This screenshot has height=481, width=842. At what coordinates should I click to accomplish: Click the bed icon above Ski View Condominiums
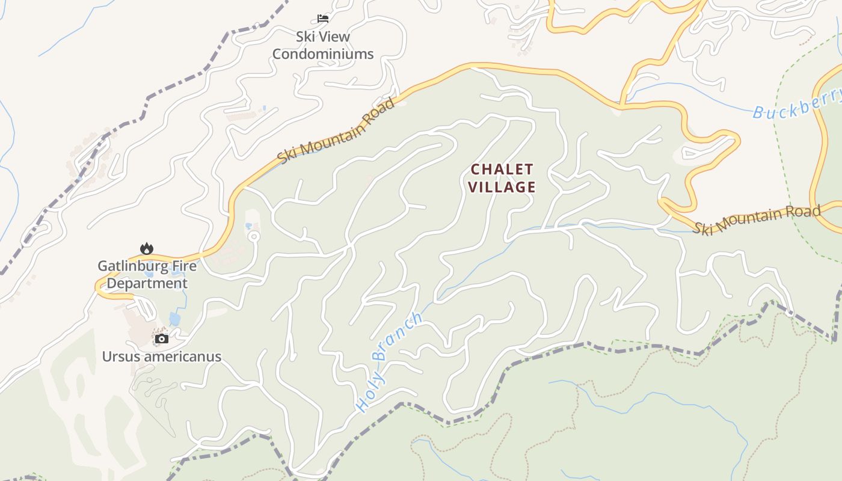(323, 19)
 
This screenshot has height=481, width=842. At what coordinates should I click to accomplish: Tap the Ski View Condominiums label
(323, 45)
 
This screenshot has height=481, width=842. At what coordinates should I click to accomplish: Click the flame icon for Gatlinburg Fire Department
(146, 248)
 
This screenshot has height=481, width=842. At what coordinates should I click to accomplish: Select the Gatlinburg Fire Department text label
(147, 274)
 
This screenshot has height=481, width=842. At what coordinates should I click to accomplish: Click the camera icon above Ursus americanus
(161, 339)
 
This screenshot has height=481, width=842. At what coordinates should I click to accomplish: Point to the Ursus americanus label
(161, 357)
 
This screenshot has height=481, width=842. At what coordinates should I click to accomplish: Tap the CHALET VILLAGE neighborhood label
(502, 178)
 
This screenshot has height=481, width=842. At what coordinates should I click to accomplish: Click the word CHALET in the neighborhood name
(502, 169)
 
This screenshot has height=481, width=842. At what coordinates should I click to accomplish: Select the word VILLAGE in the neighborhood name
(502, 187)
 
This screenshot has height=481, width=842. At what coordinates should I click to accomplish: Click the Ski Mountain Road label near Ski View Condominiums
(337, 130)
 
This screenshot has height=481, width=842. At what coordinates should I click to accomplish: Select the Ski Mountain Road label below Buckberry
(755, 219)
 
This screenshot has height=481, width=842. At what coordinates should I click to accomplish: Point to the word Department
(147, 283)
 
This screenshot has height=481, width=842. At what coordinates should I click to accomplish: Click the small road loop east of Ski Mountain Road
(254, 236)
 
